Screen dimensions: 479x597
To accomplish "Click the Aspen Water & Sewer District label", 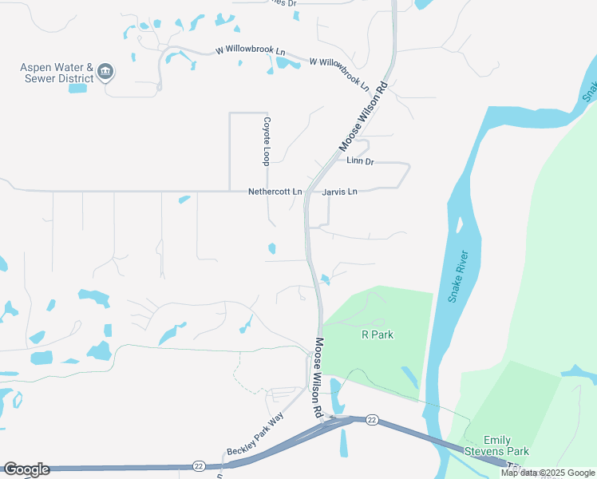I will (x=57, y=73).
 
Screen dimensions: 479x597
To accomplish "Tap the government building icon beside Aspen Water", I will (x=105, y=74).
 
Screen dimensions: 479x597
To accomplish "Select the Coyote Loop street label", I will (x=267, y=141).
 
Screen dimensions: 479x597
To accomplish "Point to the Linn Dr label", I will (x=360, y=161).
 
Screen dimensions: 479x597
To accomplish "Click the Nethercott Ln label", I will (x=275, y=192).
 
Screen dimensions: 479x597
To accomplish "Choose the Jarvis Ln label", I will (x=340, y=192).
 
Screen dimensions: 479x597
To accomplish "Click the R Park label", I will (x=378, y=335).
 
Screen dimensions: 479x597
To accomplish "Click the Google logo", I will (x=26, y=469).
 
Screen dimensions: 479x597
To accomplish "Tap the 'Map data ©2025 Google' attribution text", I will (x=548, y=473).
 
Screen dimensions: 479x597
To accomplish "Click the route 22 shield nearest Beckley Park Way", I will (x=199, y=465).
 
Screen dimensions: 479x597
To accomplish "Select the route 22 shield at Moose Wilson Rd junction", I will (x=372, y=419).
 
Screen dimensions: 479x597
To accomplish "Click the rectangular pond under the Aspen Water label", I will (x=77, y=88).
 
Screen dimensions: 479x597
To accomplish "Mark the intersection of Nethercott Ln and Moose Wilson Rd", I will (x=306, y=192).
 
